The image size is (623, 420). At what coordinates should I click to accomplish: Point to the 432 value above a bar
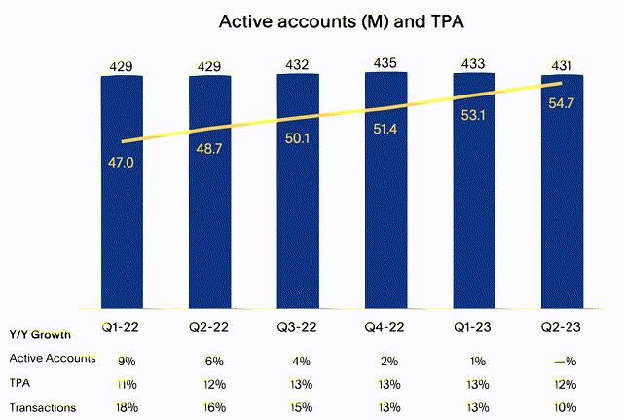[298, 64]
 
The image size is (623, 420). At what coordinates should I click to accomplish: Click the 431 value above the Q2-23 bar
[562, 65]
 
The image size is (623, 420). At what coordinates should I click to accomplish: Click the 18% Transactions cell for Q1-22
[122, 407]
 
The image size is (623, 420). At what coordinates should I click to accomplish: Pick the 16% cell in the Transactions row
[209, 407]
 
